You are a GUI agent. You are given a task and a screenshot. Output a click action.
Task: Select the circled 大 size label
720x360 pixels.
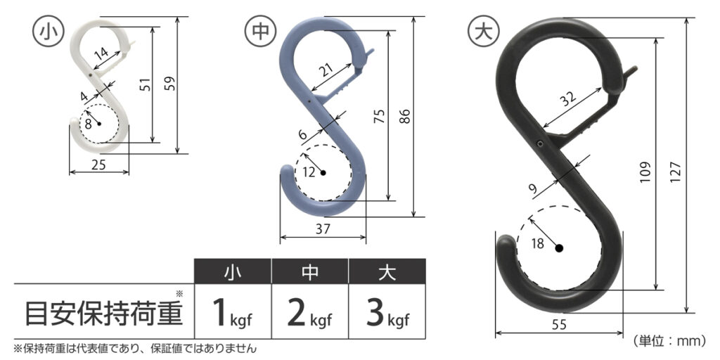coord(482,32)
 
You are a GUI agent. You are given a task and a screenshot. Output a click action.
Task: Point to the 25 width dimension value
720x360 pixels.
coord(98,164)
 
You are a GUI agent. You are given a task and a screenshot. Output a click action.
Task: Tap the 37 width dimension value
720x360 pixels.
coord(323,229)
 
